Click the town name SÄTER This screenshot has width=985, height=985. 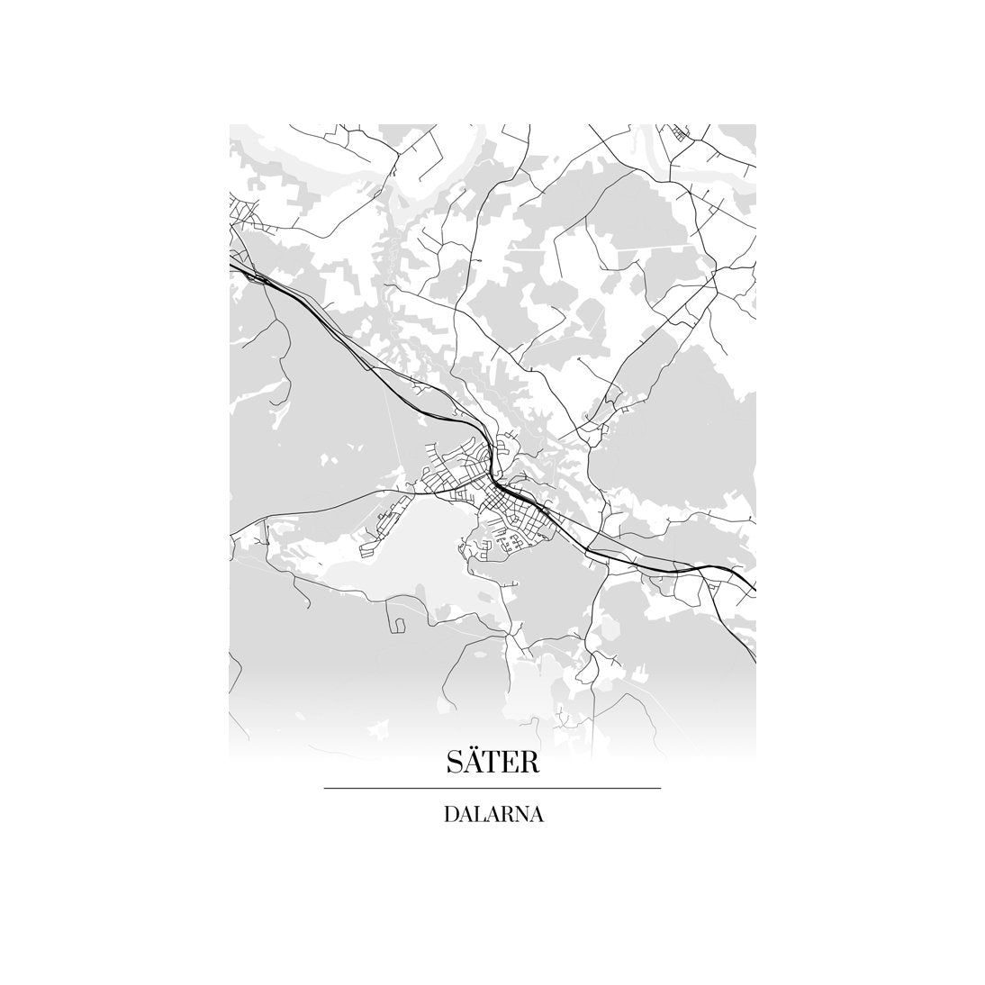click(x=492, y=762)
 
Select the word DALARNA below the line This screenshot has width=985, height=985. click(x=492, y=815)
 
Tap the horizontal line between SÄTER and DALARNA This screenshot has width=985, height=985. click(x=492, y=789)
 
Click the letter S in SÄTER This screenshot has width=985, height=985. click(x=455, y=763)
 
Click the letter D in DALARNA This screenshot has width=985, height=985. click(x=450, y=816)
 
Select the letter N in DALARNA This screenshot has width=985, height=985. click(x=520, y=816)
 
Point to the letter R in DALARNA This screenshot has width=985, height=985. click(x=506, y=816)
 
